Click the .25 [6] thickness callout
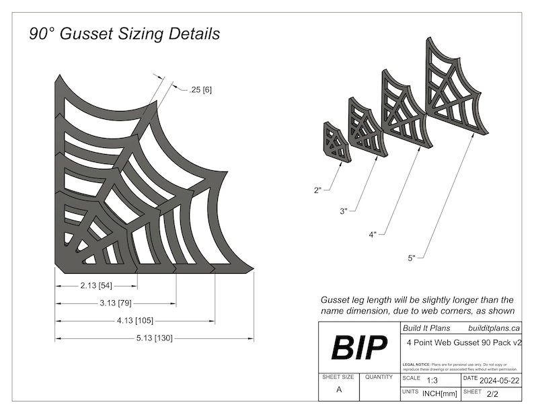click(201, 89)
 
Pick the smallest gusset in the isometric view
click(336, 142)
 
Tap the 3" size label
click(344, 211)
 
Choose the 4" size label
click(372, 235)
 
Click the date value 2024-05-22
click(501, 379)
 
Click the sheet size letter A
click(338, 390)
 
